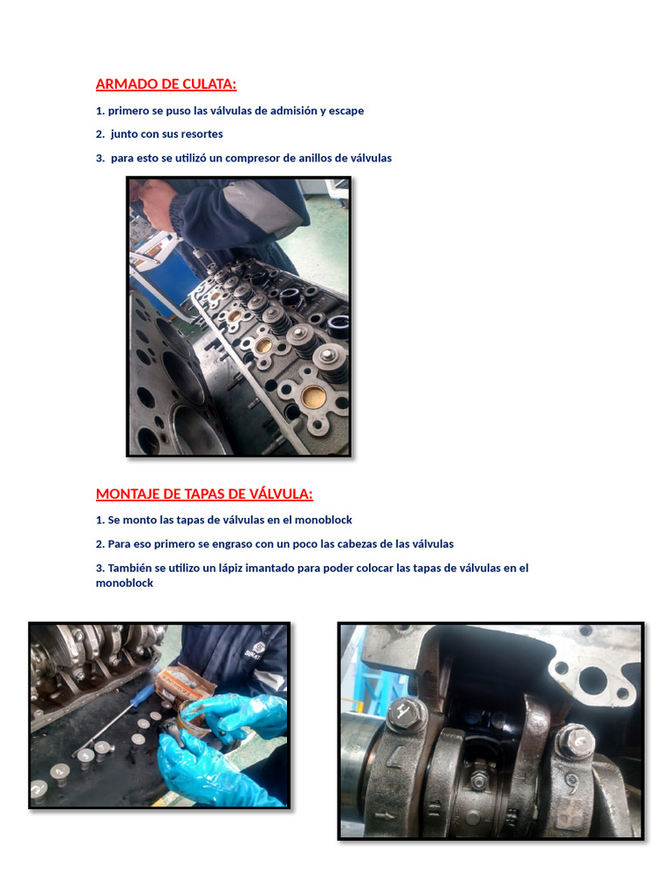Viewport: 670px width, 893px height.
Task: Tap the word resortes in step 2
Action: point(202,134)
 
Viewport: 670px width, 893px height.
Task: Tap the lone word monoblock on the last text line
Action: point(124,583)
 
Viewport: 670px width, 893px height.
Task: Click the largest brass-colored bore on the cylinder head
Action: point(313,397)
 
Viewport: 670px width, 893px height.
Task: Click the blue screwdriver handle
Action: point(145,695)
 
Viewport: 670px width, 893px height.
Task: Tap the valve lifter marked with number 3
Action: point(86,757)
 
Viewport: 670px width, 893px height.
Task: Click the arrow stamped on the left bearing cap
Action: point(385,816)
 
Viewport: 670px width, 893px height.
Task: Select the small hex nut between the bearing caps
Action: point(478,780)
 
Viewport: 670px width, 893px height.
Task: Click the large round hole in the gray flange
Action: point(591,681)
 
